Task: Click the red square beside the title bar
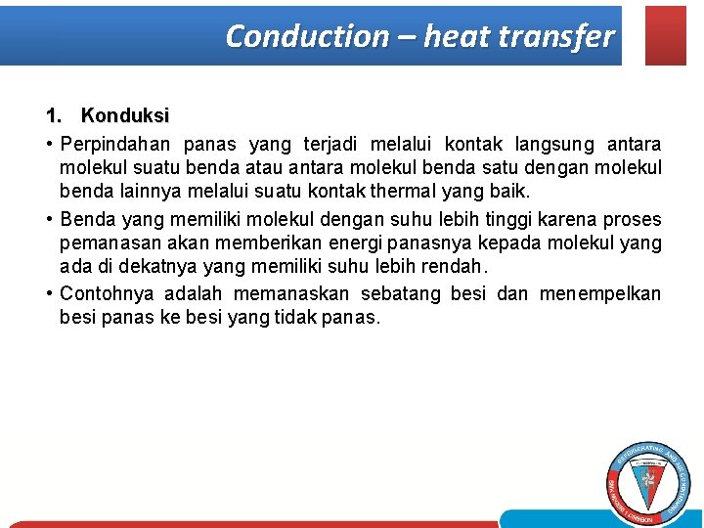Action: coord(666,35)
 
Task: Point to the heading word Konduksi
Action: coord(125,116)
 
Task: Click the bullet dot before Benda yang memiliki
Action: coord(49,220)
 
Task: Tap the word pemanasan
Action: coord(103,242)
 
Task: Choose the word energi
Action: coord(342,242)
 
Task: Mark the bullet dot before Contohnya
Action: coord(49,294)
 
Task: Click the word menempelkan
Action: coord(599,294)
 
